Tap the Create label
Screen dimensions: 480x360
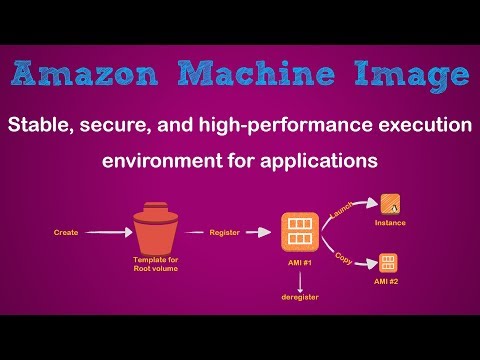click(x=66, y=232)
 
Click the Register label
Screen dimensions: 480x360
click(x=224, y=232)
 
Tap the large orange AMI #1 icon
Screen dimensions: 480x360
click(x=299, y=232)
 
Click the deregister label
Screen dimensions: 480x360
click(x=299, y=297)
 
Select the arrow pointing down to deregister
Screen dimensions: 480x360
click(x=299, y=281)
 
